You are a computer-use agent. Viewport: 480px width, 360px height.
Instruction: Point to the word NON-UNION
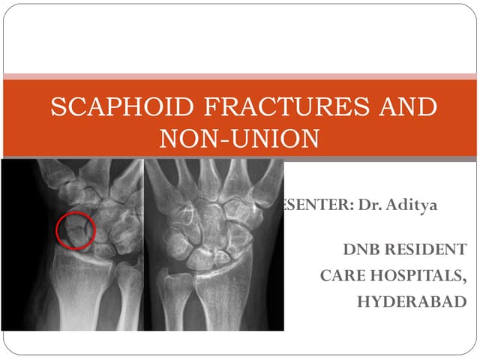point(240,139)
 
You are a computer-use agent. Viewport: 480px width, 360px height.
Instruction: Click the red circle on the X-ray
point(76,230)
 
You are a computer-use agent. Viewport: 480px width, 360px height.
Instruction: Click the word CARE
point(341,275)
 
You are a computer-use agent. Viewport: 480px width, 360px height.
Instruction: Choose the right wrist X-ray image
point(214,244)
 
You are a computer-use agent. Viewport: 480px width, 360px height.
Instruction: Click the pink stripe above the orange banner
point(240,76)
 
